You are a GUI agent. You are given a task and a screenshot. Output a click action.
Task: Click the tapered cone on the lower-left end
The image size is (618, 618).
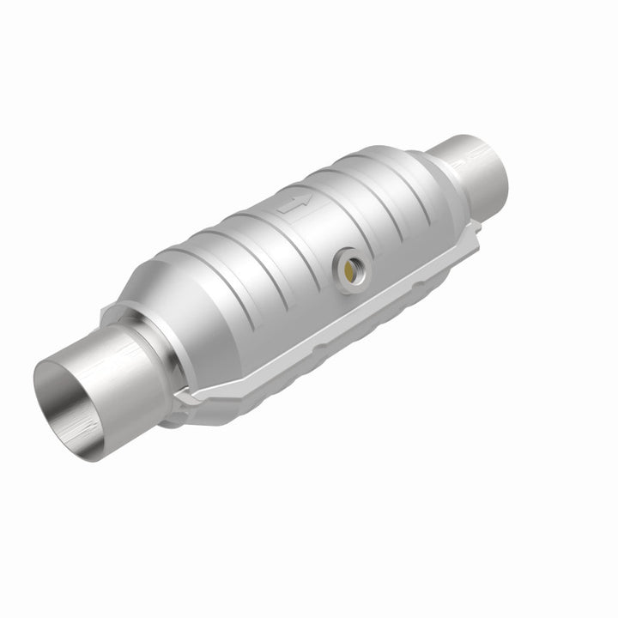pyautogui.click(x=163, y=292)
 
